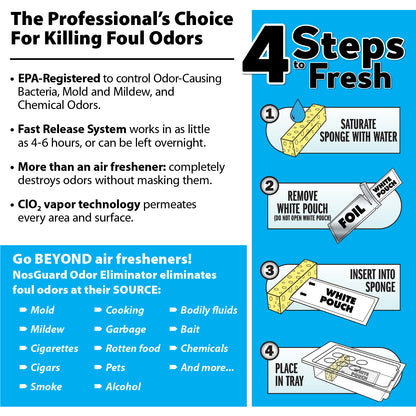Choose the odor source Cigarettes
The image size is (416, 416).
coord(55,348)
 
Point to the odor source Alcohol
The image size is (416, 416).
coord(123,386)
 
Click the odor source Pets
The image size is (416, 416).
coord(118,367)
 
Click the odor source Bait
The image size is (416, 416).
coord(190,329)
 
